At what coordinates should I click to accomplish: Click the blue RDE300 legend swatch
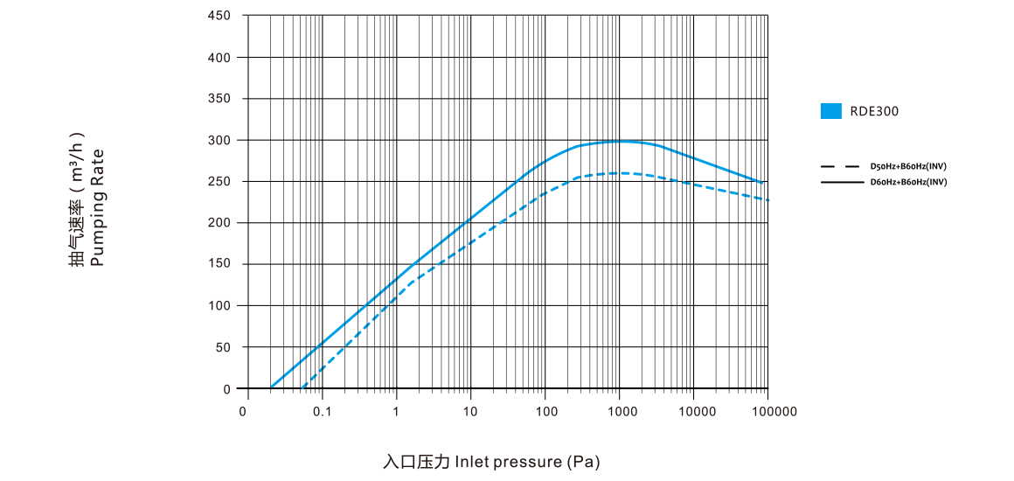pyautogui.click(x=830, y=111)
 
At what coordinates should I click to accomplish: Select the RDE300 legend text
pyautogui.click(x=874, y=111)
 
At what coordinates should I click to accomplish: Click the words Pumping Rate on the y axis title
pyautogui.click(x=98, y=207)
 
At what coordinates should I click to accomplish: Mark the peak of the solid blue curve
pyautogui.click(x=621, y=141)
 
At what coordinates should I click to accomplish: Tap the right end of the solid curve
pyautogui.click(x=763, y=184)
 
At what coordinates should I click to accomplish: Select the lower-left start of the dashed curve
pyautogui.click(x=302, y=387)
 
